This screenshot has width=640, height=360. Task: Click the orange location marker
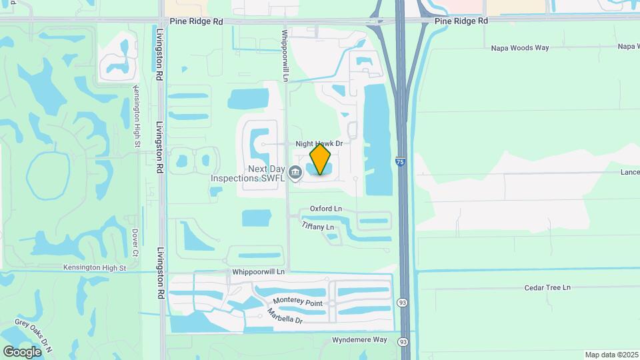point(321,159)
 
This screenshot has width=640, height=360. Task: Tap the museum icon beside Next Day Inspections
point(295,171)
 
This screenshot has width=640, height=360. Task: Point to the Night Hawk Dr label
point(319,143)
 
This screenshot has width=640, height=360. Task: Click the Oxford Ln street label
point(325,209)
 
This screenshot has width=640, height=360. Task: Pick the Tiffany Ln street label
point(317,227)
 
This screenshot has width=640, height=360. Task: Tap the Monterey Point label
point(297,302)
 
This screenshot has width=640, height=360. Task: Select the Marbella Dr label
point(285,317)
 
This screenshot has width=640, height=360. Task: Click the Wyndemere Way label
point(359,340)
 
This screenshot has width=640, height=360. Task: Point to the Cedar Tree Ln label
point(548,287)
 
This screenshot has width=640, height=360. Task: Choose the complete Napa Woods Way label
point(519,48)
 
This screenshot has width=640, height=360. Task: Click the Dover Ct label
point(135,243)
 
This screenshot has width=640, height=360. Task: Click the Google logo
point(22,351)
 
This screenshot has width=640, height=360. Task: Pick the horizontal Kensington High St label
point(95,267)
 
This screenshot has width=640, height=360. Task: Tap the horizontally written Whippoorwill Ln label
point(259,272)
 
